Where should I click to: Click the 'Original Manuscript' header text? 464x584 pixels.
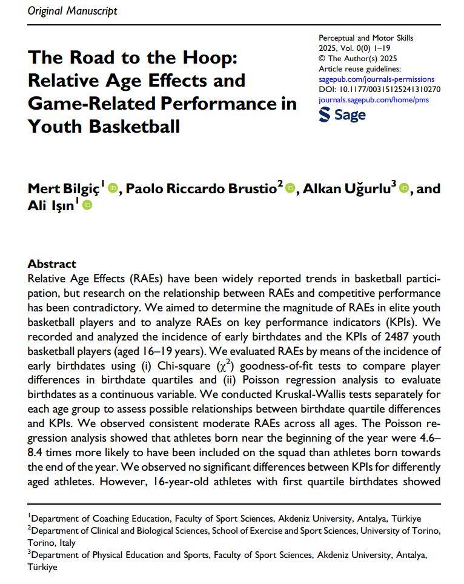coord(73,11)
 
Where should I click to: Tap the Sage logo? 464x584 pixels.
coord(342,114)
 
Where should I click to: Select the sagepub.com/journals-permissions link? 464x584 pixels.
coord(376,79)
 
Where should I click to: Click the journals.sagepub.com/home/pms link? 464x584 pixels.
coord(373,100)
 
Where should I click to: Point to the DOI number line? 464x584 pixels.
coord(379,90)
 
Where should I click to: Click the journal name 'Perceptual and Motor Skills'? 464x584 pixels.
coord(366,38)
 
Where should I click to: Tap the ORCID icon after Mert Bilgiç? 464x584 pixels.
coord(113,188)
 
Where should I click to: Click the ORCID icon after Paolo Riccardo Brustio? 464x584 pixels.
coord(290,188)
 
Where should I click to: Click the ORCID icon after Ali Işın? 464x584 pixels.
coord(87,206)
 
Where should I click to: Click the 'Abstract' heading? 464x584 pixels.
coord(52,264)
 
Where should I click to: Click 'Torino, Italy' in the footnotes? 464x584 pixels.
coord(51,543)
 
